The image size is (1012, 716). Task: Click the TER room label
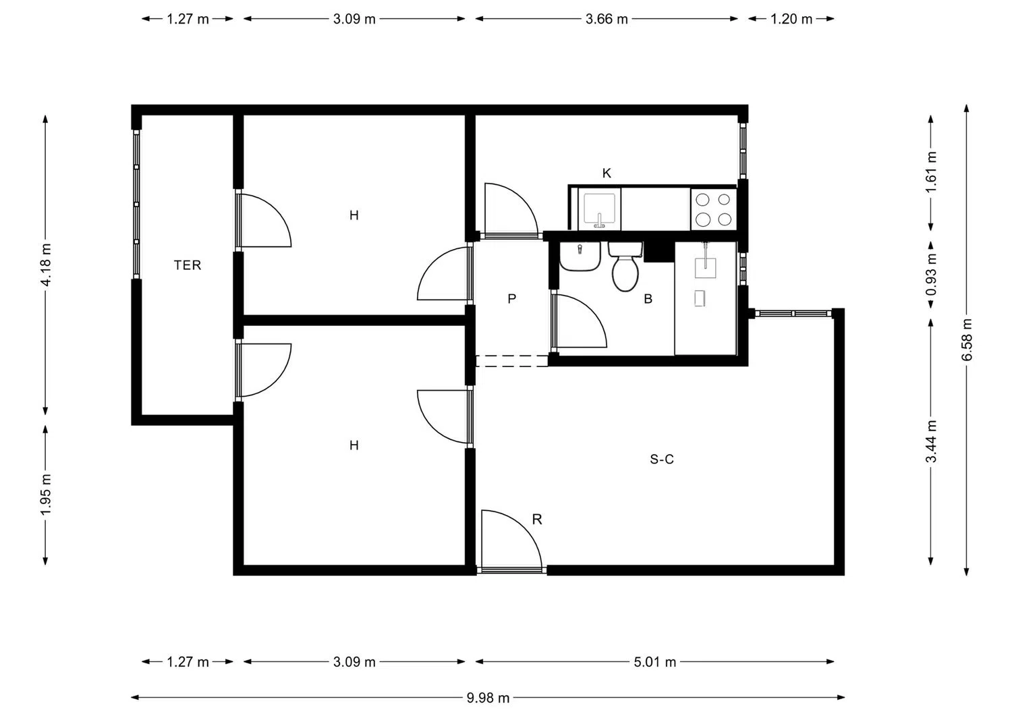tap(188, 265)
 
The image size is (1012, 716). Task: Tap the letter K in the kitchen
tap(607, 173)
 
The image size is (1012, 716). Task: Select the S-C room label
tap(661, 460)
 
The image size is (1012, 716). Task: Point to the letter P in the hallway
tap(512, 298)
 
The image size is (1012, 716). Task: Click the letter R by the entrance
tap(537, 520)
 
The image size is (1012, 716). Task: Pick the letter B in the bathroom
tap(648, 299)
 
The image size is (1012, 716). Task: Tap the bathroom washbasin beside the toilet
tap(580, 257)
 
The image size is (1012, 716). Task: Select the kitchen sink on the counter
tap(599, 209)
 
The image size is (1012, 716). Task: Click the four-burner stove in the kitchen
tap(714, 209)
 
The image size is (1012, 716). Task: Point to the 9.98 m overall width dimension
tap(488, 698)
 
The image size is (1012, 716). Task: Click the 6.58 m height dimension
tap(967, 339)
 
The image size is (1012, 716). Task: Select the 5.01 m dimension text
tap(654, 662)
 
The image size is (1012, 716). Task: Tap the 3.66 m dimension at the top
tap(606, 19)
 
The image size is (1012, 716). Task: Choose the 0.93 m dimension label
tap(932, 274)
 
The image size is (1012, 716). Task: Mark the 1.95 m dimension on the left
tap(45, 495)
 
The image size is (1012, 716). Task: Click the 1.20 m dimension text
tap(791, 19)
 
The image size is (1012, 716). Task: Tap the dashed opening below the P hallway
tap(511, 361)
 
